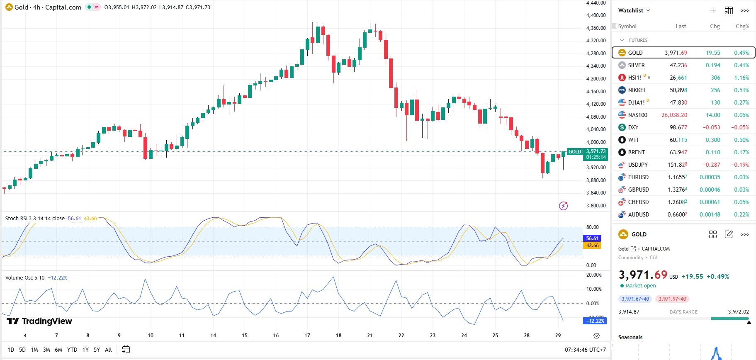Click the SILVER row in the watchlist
pyautogui.click(x=636, y=65)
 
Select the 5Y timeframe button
pyautogui.click(x=97, y=350)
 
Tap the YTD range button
pyautogui.click(x=72, y=350)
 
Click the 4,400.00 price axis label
pyautogui.click(x=596, y=15)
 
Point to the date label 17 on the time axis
pyautogui.click(x=307, y=336)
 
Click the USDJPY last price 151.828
pyautogui.click(x=677, y=165)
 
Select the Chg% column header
pyautogui.click(x=742, y=26)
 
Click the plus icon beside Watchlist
pyautogui.click(x=713, y=10)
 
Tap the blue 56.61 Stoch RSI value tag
pyautogui.click(x=592, y=238)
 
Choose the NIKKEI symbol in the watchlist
pyautogui.click(x=636, y=90)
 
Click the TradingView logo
pyautogui.click(x=39, y=321)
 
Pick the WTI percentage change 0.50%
pyautogui.click(x=741, y=140)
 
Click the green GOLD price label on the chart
pyautogui.click(x=574, y=152)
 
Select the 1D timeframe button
pyautogui.click(x=11, y=350)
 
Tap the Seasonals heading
pyautogui.click(x=630, y=337)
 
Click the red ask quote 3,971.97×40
pyautogui.click(x=672, y=299)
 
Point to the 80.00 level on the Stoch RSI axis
pyautogui.click(x=592, y=227)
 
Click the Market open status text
pyautogui.click(x=640, y=286)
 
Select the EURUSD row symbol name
pyautogui.click(x=638, y=177)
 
